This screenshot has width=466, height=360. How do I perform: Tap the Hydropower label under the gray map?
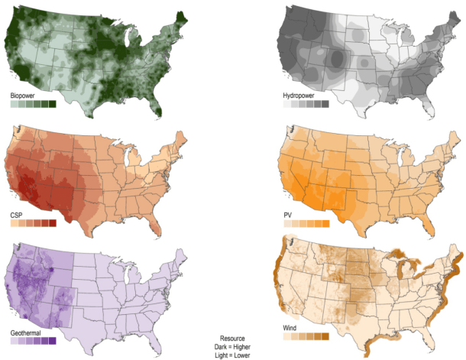point(299,96)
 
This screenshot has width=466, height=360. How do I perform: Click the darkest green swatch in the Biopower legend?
point(53,104)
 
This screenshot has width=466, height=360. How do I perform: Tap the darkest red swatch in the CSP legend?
point(53,224)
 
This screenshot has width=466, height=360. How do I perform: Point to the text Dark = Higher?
point(232,346)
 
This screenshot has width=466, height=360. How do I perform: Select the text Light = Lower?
point(232,355)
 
